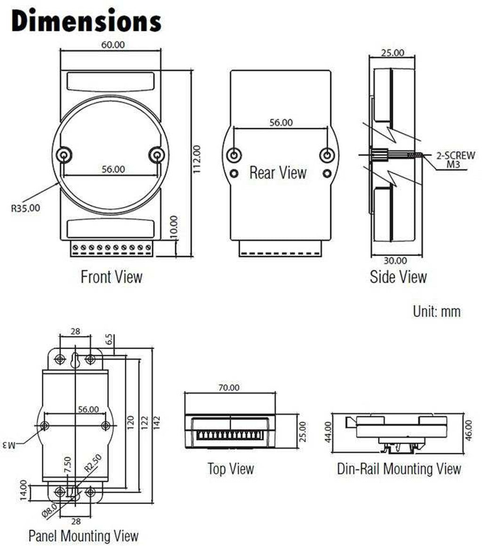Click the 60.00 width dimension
111,45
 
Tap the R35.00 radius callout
26,207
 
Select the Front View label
111,276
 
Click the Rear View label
278,173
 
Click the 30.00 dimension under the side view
395,260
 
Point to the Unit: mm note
436,311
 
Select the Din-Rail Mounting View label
399,469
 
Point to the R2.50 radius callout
92,468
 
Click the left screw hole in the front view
64,155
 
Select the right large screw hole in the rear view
327,155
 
